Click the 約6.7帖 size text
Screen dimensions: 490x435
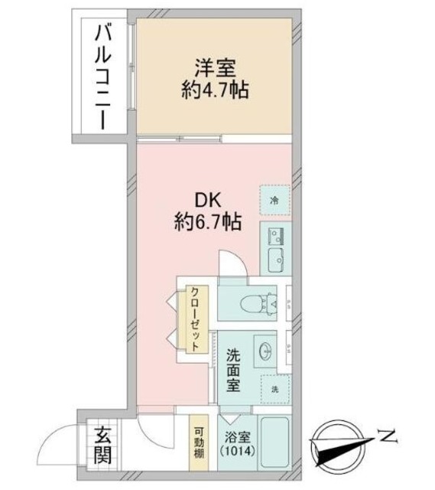tap(206, 223)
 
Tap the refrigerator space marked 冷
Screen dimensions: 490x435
tap(274, 200)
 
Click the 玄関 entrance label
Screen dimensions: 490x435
tap(102, 446)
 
